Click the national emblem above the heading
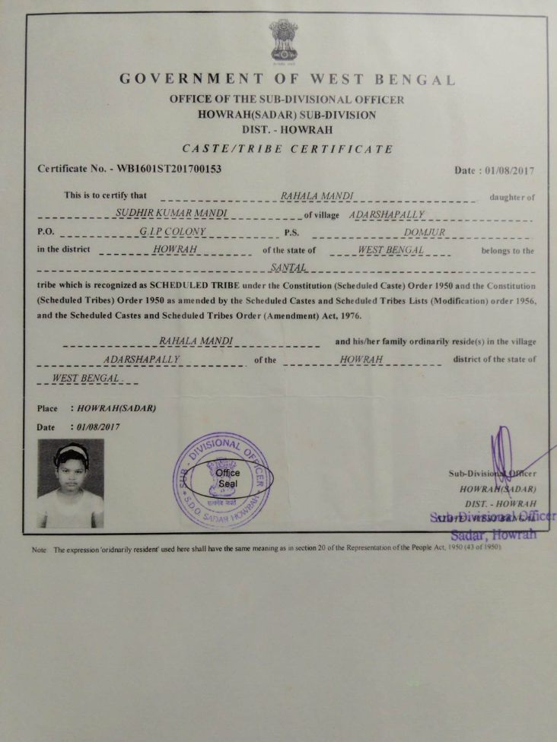tap(283, 42)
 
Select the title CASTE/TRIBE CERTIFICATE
tap(288, 149)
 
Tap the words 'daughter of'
tap(512, 197)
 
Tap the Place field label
tap(47, 408)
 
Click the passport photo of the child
tap(71, 483)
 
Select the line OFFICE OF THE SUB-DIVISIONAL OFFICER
tap(288, 100)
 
